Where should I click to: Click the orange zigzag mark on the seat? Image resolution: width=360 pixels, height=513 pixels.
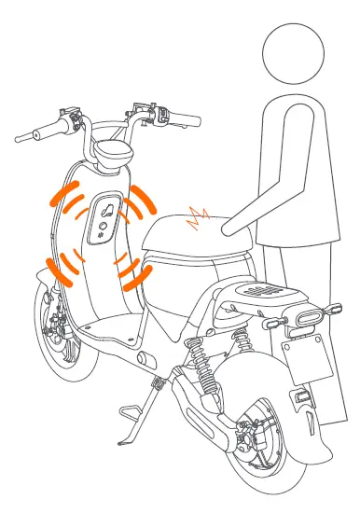click(x=199, y=219)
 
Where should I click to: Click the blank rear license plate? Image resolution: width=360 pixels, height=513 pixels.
click(x=307, y=368)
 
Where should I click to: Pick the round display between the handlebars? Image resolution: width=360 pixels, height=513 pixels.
click(x=112, y=147)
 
